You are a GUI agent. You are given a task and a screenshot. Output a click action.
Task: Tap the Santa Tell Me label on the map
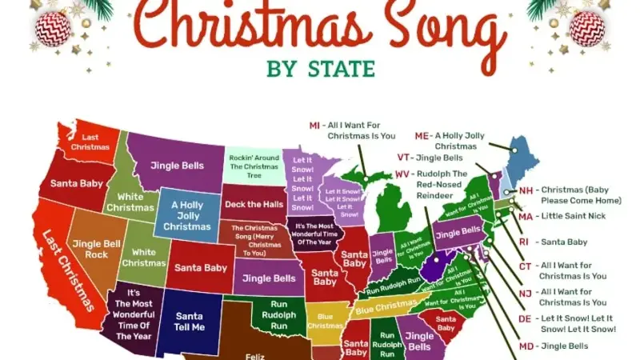click(x=189, y=322)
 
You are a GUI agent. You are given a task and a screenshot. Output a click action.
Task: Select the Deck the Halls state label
click(x=254, y=204)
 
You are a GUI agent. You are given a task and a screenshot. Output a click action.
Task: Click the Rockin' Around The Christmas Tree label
click(x=254, y=166)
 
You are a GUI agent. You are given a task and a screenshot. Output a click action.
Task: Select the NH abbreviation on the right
click(x=526, y=190)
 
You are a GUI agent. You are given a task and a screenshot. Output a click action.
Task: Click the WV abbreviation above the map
click(x=402, y=174)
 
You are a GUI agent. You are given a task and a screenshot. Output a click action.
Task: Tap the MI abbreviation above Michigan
click(x=315, y=126)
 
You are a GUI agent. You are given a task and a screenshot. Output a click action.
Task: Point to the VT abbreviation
click(x=405, y=158)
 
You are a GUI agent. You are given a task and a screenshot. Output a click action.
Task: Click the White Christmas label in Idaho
click(x=131, y=202)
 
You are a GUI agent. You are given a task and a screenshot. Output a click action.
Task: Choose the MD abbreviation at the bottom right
click(x=526, y=346)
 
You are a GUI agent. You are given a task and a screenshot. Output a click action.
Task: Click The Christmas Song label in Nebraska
click(x=255, y=240)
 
